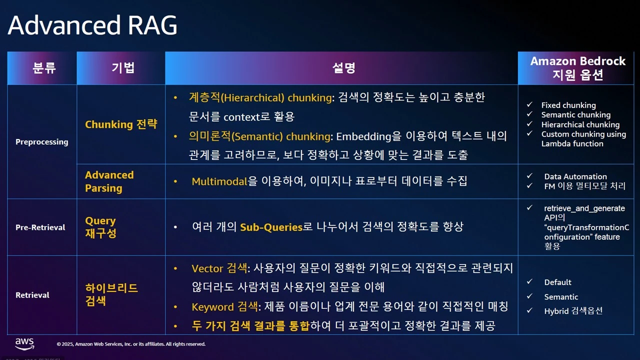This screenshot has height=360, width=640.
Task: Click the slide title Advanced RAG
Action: click(92, 25)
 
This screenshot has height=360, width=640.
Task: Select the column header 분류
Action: click(44, 68)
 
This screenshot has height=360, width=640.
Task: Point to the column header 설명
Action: click(343, 68)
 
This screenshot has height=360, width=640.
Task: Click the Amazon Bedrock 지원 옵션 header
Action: click(577, 68)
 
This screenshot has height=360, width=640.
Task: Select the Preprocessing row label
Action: click(41, 142)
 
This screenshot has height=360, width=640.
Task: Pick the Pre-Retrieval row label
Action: click(40, 227)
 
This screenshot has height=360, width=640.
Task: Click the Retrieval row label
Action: click(32, 295)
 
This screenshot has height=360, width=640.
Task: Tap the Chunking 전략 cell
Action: click(121, 124)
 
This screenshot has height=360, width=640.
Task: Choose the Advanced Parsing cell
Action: click(109, 181)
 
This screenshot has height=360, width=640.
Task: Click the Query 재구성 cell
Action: click(100, 227)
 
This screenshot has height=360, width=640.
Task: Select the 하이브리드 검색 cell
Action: click(111, 294)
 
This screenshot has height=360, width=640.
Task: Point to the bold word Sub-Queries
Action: click(271, 227)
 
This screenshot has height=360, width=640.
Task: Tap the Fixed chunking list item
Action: click(568, 105)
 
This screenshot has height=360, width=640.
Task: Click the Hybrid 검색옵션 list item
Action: click(573, 311)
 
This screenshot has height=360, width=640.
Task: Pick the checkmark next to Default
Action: click(530, 282)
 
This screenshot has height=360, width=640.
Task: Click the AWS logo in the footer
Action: click(24, 343)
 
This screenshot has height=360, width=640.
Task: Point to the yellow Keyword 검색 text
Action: click(218, 307)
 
